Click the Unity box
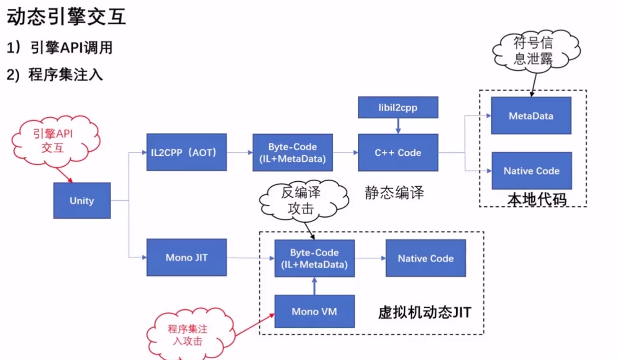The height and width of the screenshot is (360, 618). [x=82, y=201]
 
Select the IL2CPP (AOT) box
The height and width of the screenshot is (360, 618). [x=187, y=152]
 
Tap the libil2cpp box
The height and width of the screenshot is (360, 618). [x=398, y=108]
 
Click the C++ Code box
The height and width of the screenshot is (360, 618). [x=398, y=153]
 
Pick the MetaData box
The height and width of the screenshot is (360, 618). [x=531, y=116]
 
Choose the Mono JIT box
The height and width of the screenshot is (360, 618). [x=187, y=257]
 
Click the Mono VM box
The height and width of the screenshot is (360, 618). [x=314, y=311]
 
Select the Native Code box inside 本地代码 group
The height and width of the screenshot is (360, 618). [x=531, y=171]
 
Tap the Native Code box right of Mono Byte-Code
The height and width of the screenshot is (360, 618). [x=426, y=258]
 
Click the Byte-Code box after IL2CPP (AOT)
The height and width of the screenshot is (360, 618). [x=292, y=153]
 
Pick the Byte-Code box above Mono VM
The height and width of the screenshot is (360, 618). [x=314, y=258]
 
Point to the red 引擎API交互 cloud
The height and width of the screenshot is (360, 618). [x=53, y=141]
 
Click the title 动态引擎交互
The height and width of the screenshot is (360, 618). [x=66, y=17]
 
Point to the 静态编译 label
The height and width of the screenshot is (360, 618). [x=394, y=193]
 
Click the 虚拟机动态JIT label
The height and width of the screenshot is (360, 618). [x=424, y=312]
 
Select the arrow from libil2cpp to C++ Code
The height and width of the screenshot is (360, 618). [x=398, y=126]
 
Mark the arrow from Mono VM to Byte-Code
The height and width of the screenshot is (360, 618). [x=314, y=286]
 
